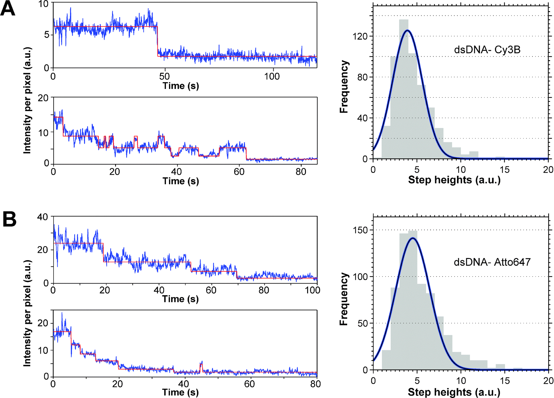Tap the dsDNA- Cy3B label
[x=487, y=50]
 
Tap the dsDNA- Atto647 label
[x=492, y=262]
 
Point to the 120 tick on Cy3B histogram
[x=360, y=36]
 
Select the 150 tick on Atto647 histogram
[x=360, y=230]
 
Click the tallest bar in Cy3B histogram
[x=403, y=89]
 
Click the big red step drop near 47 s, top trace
[x=158, y=42]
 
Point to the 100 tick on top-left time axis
[x=272, y=76]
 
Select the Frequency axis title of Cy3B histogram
[x=344, y=87]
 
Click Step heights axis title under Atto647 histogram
[x=454, y=392]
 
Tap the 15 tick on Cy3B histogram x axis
[x=504, y=169]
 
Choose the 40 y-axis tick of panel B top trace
[x=42, y=217]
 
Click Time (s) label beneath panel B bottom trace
[x=180, y=392]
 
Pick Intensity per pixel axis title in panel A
[x=27, y=100]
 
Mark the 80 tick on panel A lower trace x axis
[x=301, y=172]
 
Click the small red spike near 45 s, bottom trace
[x=201, y=368]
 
